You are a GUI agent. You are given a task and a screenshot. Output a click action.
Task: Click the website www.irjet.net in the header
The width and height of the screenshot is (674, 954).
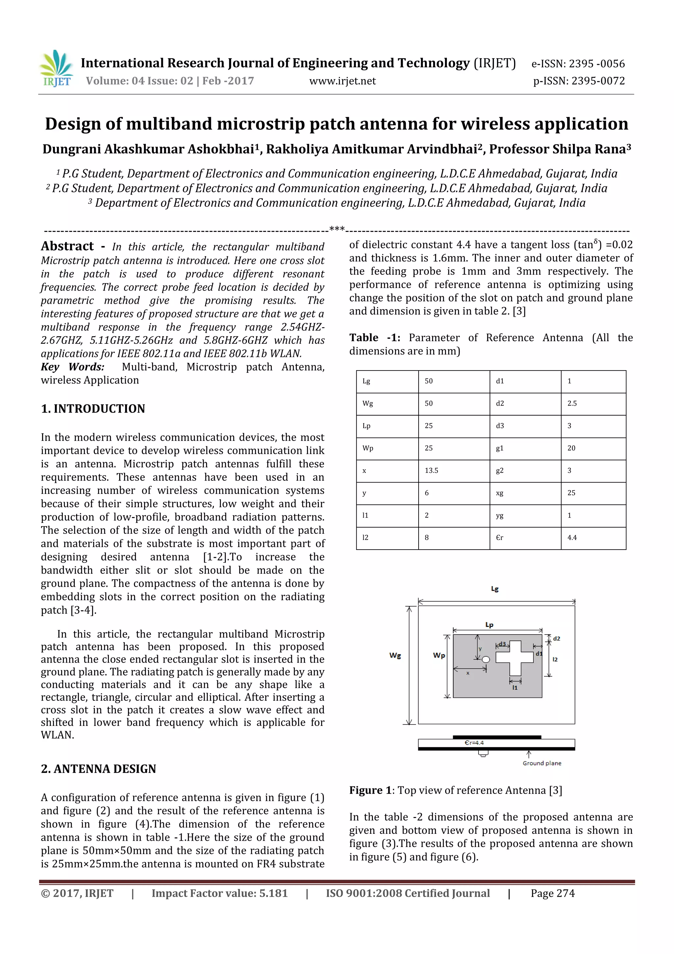pyautogui.click(x=342, y=81)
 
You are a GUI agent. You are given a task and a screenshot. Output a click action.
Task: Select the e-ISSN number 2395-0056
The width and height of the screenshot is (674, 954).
pyautogui.click(x=578, y=64)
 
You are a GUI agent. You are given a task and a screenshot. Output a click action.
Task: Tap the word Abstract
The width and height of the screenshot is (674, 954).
pyautogui.click(x=67, y=246)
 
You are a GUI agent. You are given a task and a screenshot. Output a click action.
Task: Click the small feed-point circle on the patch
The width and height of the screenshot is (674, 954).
pyautogui.click(x=486, y=659)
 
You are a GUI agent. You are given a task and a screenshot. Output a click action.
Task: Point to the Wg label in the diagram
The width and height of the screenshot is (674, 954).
pyautogui.click(x=395, y=655)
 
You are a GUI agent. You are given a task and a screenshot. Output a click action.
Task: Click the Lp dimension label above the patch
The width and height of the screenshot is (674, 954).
pyautogui.click(x=489, y=624)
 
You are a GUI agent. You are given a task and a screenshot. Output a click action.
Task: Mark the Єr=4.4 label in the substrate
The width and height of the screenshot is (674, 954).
pyautogui.click(x=474, y=743)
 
